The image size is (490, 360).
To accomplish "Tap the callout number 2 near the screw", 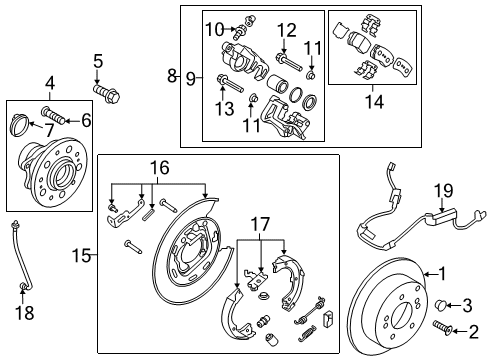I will click(474, 330).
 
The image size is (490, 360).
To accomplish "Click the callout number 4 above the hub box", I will click(49, 84).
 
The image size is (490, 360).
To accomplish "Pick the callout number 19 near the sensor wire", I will click(85, 120).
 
